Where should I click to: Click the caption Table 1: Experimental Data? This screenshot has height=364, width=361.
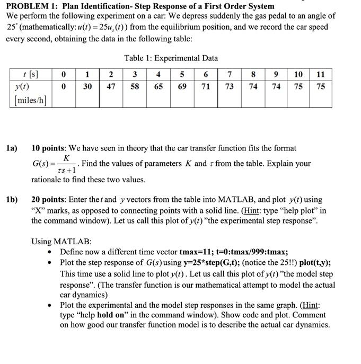[171, 58]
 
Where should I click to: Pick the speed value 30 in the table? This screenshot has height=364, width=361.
[87, 86]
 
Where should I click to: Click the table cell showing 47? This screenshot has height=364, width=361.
[111, 86]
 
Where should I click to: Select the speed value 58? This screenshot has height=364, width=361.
[135, 86]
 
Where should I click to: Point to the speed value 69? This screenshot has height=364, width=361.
[182, 86]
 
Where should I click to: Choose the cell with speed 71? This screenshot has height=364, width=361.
[205, 86]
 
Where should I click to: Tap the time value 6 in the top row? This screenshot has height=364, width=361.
[205, 75]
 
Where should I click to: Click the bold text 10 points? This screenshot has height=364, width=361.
[50, 148]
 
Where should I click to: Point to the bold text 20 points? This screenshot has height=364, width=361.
[50, 200]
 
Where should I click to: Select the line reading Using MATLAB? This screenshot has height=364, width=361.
[61, 242]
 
